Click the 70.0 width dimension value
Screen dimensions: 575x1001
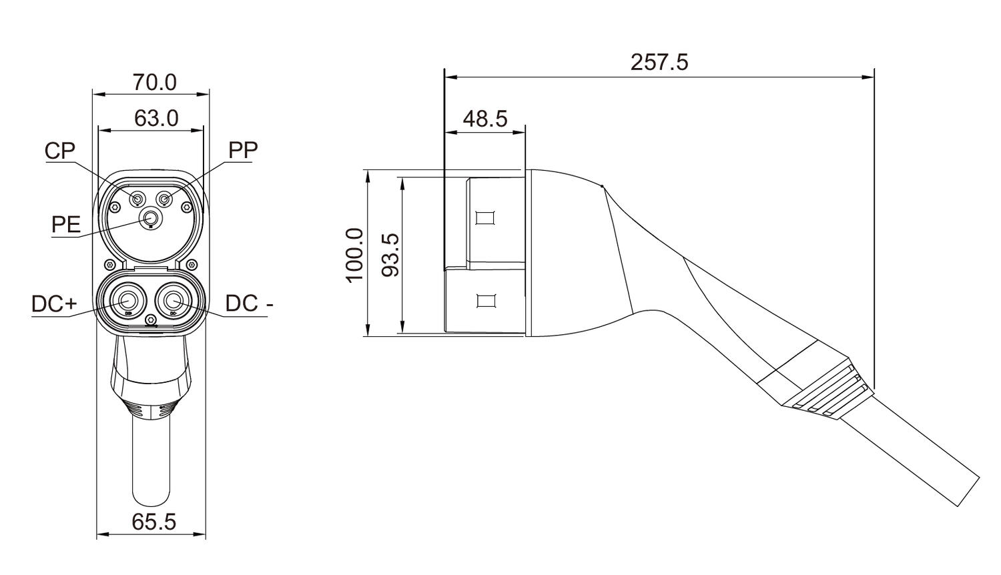(x=154, y=83)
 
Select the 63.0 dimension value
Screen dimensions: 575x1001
(x=156, y=118)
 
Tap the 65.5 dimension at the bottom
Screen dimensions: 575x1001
(x=153, y=522)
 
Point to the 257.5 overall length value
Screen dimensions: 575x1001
(x=659, y=62)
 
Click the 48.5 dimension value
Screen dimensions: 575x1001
(x=485, y=119)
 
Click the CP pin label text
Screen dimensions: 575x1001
(x=60, y=151)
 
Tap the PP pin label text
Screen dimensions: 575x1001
(x=243, y=150)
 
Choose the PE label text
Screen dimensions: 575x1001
(x=66, y=224)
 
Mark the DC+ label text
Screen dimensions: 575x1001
(x=54, y=304)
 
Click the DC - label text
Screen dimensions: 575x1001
(x=249, y=304)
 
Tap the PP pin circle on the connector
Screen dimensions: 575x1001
(x=163, y=199)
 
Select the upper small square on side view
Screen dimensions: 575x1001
(x=486, y=218)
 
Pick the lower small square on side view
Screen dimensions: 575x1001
(x=486, y=300)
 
